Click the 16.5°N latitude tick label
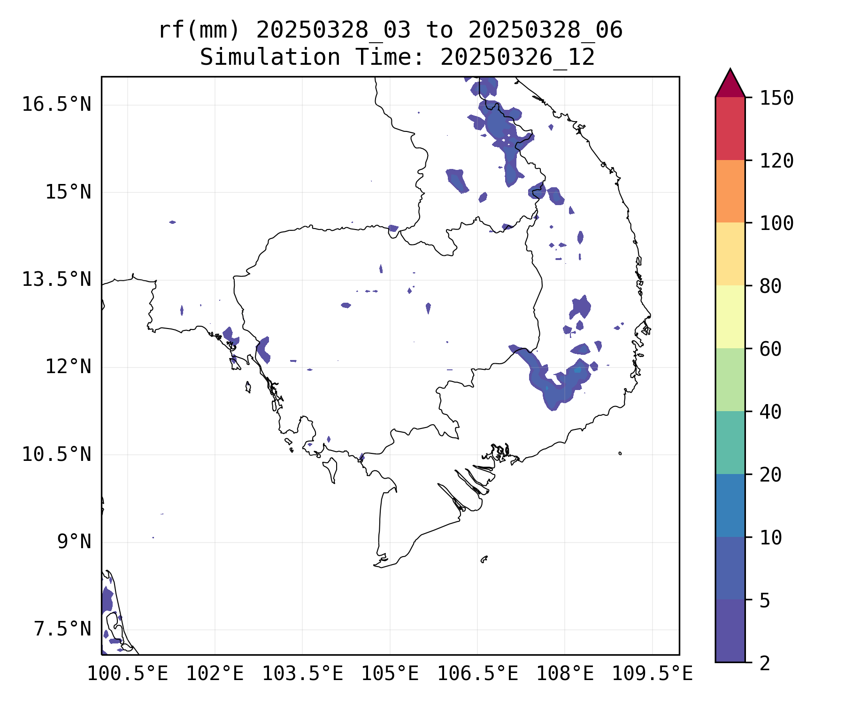56,104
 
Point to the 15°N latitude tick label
68,192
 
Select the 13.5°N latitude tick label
56,280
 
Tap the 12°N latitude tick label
68,367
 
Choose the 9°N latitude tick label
74,542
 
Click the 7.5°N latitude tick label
62,629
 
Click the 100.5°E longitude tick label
128,674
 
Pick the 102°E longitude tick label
215,674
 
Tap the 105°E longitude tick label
390,674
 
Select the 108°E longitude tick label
565,674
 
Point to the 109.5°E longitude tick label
652,674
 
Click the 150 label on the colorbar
776,99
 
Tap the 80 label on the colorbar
770,286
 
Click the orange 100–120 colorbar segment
730,191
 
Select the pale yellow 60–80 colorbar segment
730,317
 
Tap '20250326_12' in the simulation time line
517,58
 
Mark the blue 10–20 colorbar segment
730,505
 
